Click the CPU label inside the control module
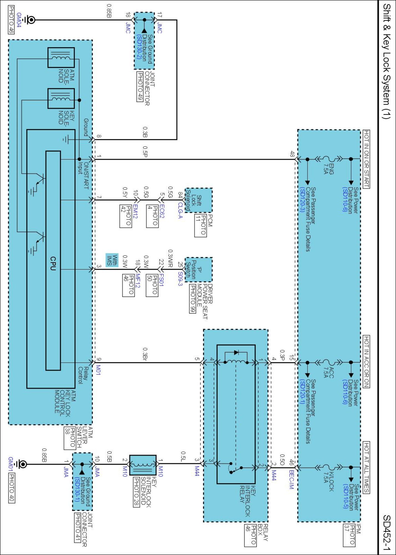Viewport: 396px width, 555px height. (x=53, y=263)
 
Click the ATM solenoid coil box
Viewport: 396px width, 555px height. (x=61, y=57)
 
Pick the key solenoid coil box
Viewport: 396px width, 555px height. (x=61, y=99)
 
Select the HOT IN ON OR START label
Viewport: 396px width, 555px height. (x=366, y=159)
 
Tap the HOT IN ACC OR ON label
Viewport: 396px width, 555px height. (x=366, y=361)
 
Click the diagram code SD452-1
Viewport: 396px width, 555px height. (x=387, y=533)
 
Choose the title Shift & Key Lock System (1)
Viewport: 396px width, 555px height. (x=387, y=61)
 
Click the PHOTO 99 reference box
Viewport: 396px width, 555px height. (x=192, y=299)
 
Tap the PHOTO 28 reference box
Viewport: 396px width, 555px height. (x=136, y=492)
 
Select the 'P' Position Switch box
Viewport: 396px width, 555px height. (x=199, y=269)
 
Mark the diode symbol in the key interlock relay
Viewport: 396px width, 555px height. (x=236, y=352)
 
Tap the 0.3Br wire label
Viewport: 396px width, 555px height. (x=145, y=354)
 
